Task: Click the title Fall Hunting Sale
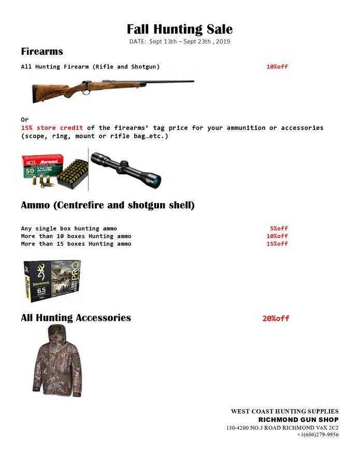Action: click(x=180, y=29)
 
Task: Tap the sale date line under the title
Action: click(x=180, y=41)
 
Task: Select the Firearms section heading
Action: click(x=42, y=51)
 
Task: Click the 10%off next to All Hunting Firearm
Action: click(x=277, y=67)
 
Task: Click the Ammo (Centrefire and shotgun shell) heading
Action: click(x=108, y=205)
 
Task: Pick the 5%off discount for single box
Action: click(x=279, y=228)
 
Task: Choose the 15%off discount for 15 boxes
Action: click(x=277, y=244)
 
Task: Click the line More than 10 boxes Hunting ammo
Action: click(x=76, y=236)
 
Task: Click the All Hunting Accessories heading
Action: click(x=76, y=318)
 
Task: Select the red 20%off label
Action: click(x=276, y=318)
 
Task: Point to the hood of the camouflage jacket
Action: click(x=55, y=334)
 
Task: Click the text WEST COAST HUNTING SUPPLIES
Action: click(x=284, y=411)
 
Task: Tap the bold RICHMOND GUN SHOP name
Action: click(x=298, y=419)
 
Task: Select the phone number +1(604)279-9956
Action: click(x=318, y=435)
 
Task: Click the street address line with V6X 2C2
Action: click(x=282, y=428)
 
